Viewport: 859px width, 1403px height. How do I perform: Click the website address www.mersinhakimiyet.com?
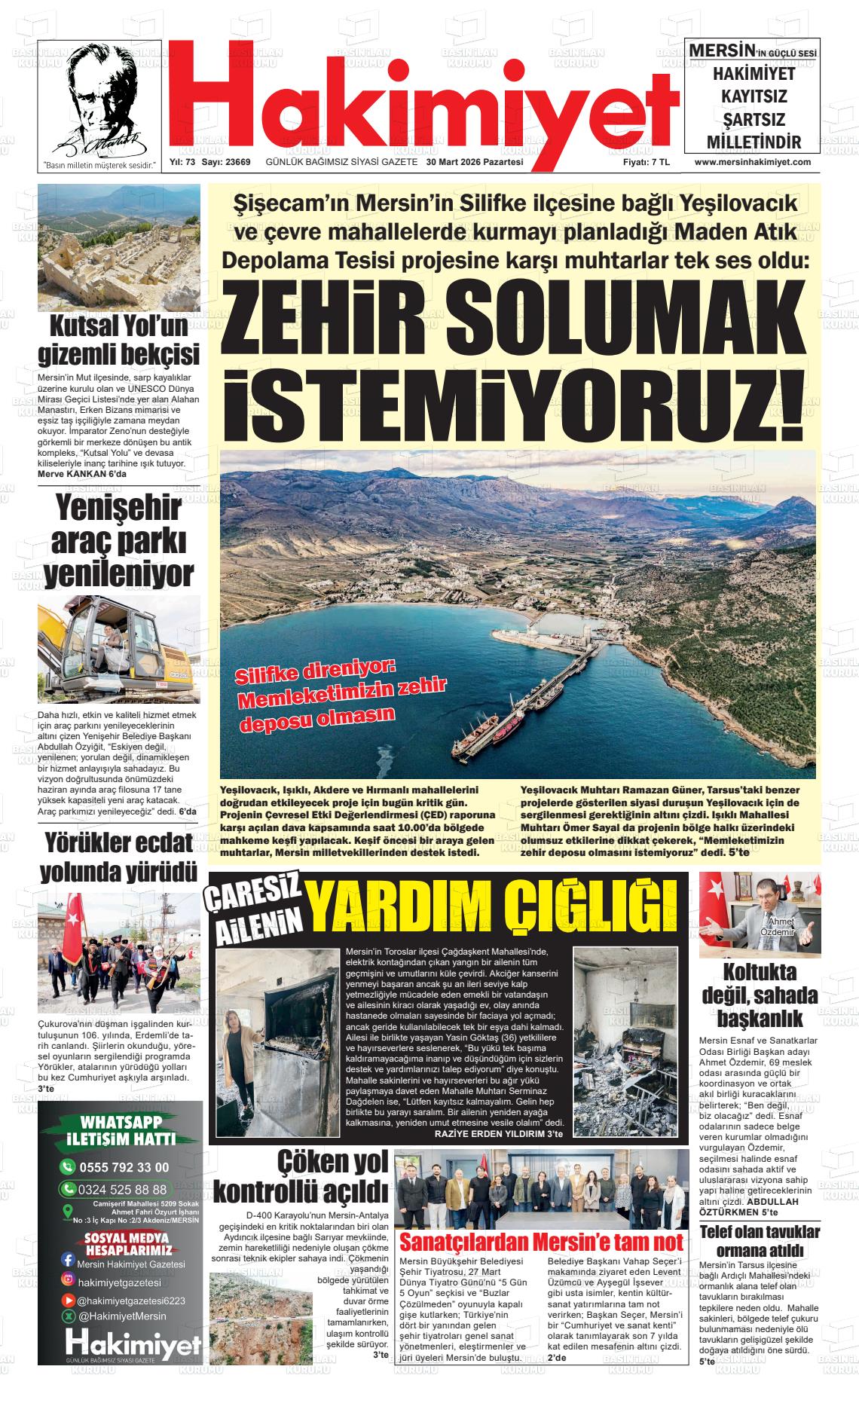tap(752, 162)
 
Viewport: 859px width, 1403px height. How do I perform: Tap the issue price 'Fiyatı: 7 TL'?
tap(646, 162)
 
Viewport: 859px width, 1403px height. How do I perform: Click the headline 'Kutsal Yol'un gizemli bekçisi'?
tap(119, 340)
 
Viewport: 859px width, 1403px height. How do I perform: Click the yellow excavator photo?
tap(119, 650)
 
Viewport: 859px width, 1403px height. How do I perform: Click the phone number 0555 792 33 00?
tap(124, 1167)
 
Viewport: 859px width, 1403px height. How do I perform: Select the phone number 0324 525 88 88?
tap(124, 1190)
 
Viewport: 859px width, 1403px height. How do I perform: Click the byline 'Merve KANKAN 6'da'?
tap(84, 474)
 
